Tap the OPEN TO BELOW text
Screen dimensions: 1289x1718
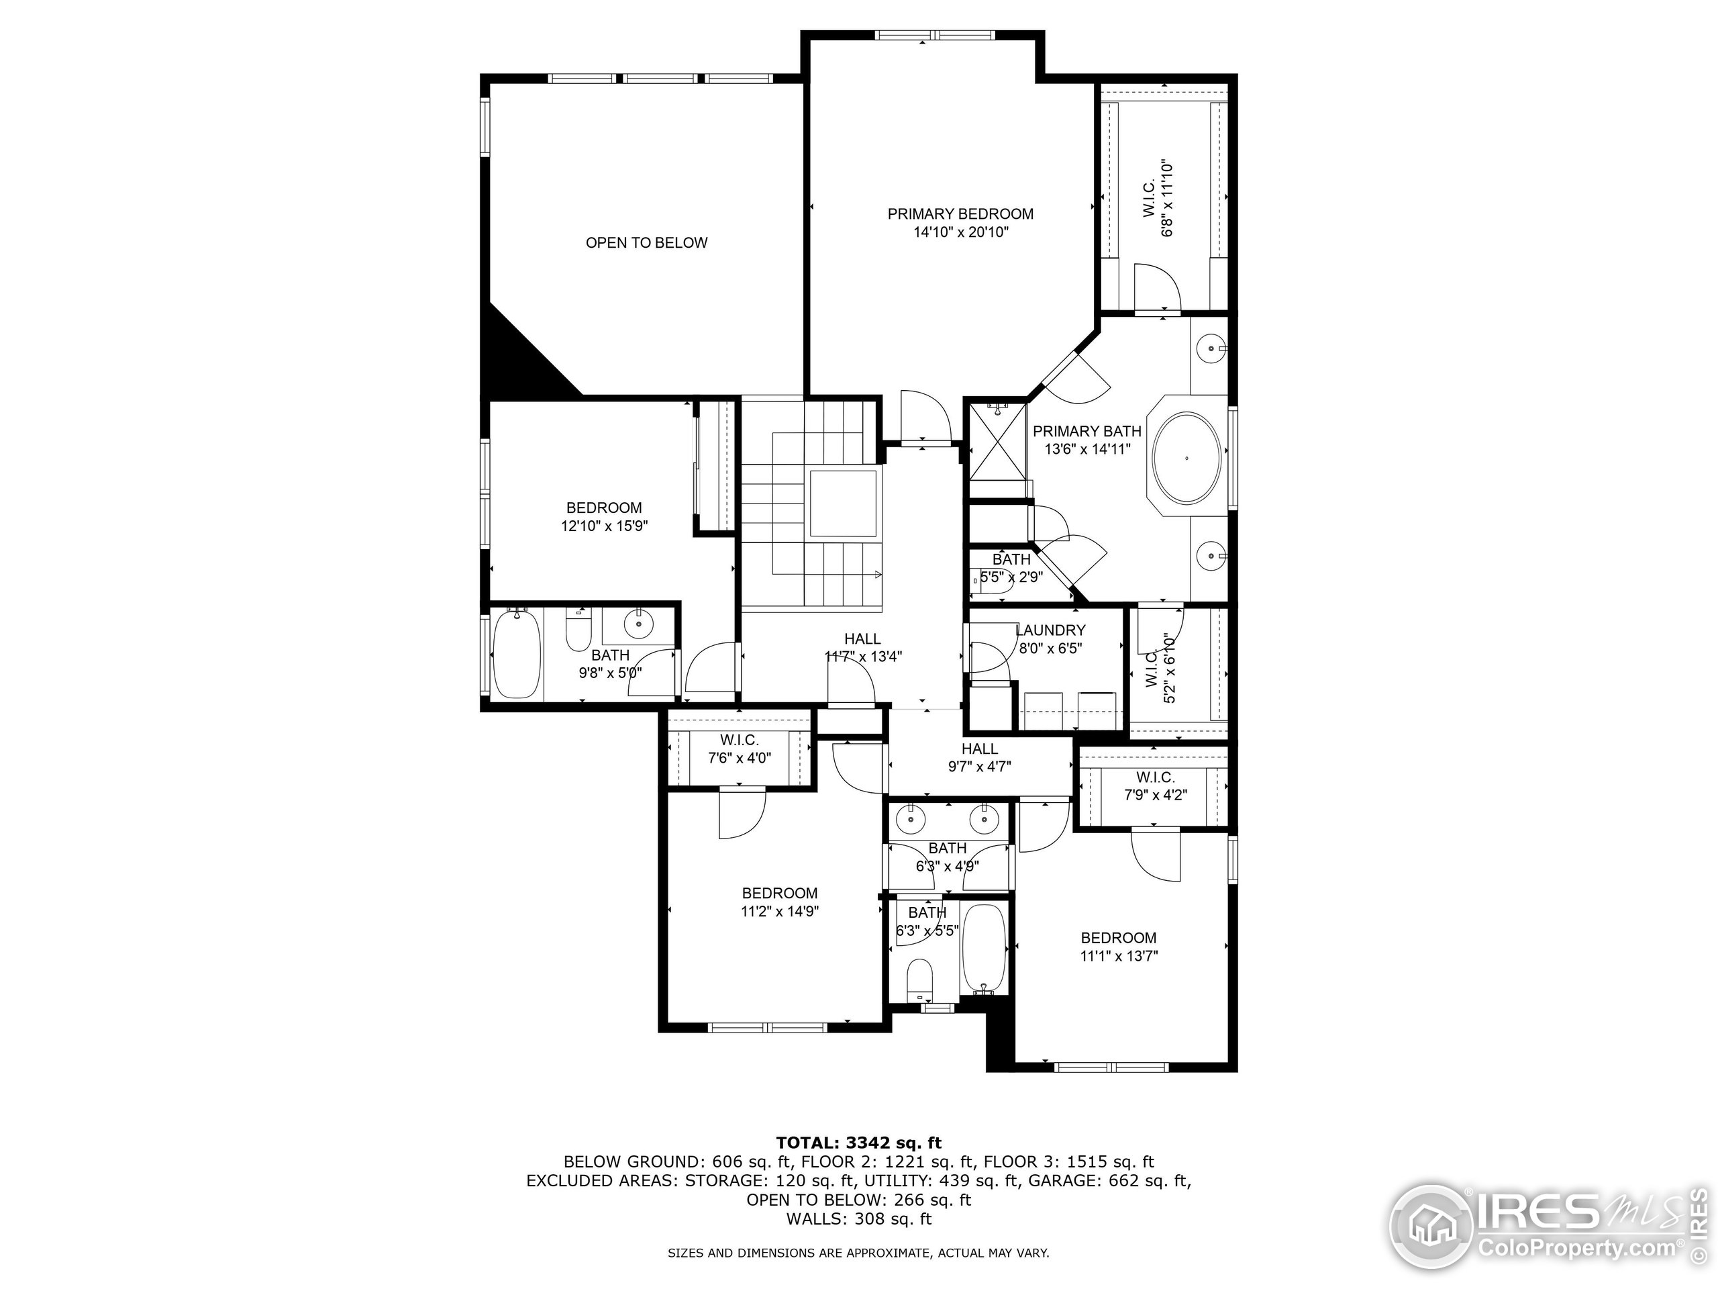pos(646,242)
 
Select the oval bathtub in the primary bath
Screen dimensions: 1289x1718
pos(1186,459)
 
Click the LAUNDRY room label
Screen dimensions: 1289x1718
pos(1050,630)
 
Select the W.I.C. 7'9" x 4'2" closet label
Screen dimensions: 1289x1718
pos(1155,785)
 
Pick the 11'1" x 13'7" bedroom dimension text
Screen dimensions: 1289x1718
pos(1119,957)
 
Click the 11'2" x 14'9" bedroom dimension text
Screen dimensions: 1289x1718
pos(779,912)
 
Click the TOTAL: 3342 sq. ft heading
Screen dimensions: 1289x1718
pos(858,1142)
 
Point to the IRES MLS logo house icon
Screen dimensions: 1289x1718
pos(1431,1228)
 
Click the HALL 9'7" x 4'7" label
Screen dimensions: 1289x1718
pos(979,757)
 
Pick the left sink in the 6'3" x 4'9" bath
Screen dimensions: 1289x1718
pos(909,819)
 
